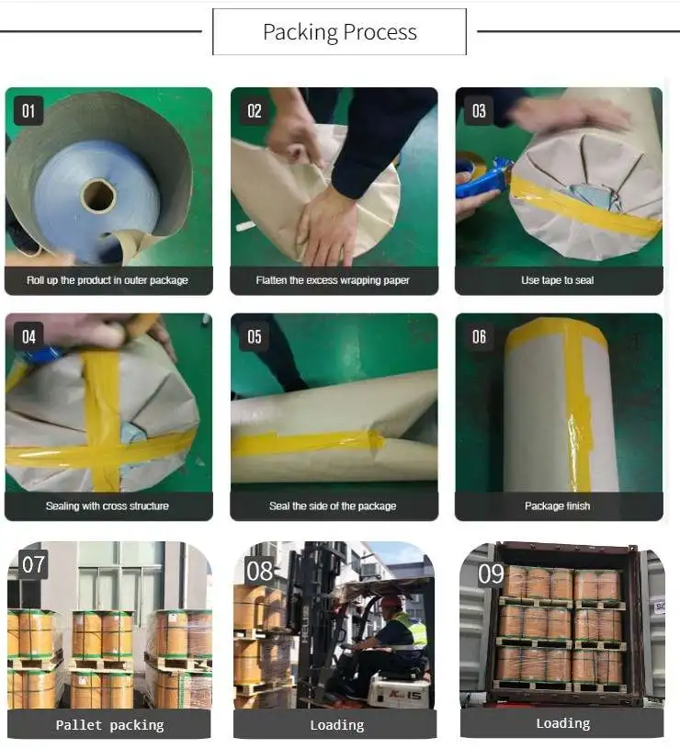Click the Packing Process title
pyautogui.click(x=339, y=32)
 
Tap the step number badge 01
pyautogui.click(x=28, y=111)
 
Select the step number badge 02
pyautogui.click(x=254, y=111)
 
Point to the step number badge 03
pyautogui.click(x=479, y=111)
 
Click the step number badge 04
pyautogui.click(x=28, y=336)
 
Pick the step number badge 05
pyautogui.click(x=254, y=336)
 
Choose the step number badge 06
pyautogui.click(x=479, y=336)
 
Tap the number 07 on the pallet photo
pyautogui.click(x=33, y=564)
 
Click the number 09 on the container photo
pyautogui.click(x=491, y=573)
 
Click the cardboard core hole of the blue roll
pyautogui.click(x=98, y=196)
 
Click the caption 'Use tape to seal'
pyautogui.click(x=557, y=280)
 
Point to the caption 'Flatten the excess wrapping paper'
pyautogui.click(x=333, y=280)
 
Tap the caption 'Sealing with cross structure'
pyautogui.click(x=108, y=505)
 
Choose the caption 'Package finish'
pyautogui.click(x=557, y=505)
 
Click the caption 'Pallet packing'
pyautogui.click(x=110, y=725)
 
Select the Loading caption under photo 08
pyautogui.click(x=337, y=725)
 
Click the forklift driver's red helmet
pyautogui.click(x=391, y=601)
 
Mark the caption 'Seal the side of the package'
pyautogui.click(x=333, y=505)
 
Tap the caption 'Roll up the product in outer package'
pyautogui.click(x=108, y=280)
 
